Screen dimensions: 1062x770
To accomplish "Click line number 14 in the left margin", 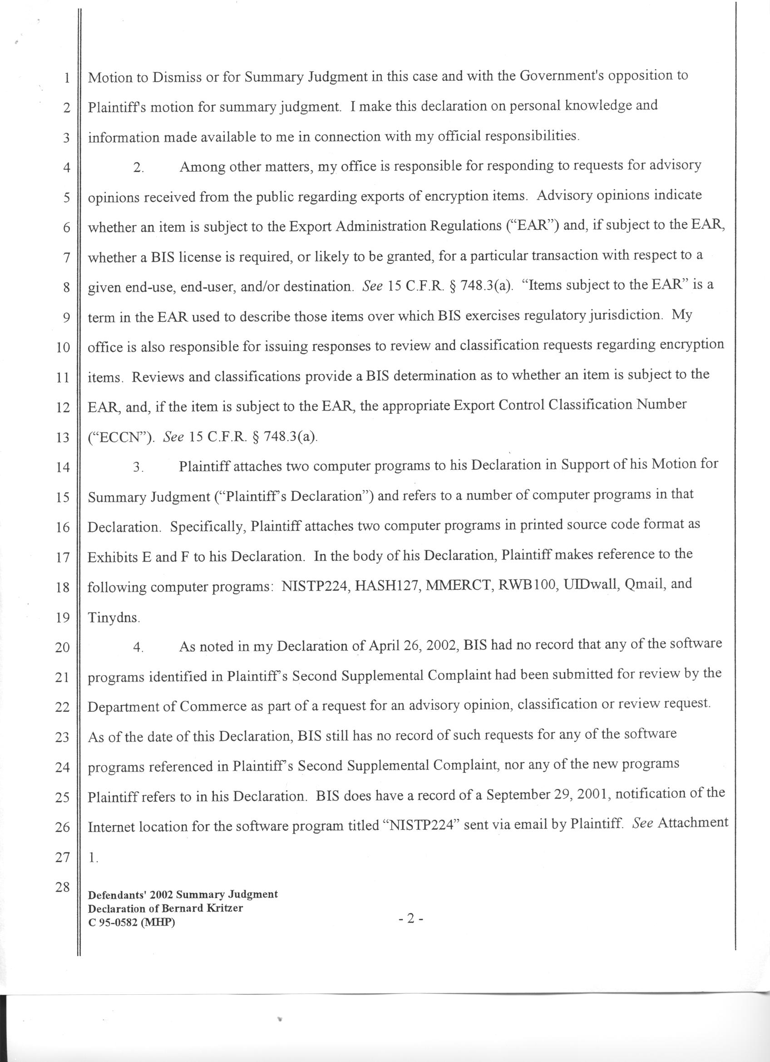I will (x=63, y=467).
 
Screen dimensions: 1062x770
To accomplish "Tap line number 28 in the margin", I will (x=63, y=887).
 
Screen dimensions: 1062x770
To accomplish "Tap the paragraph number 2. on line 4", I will (x=138, y=168).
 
